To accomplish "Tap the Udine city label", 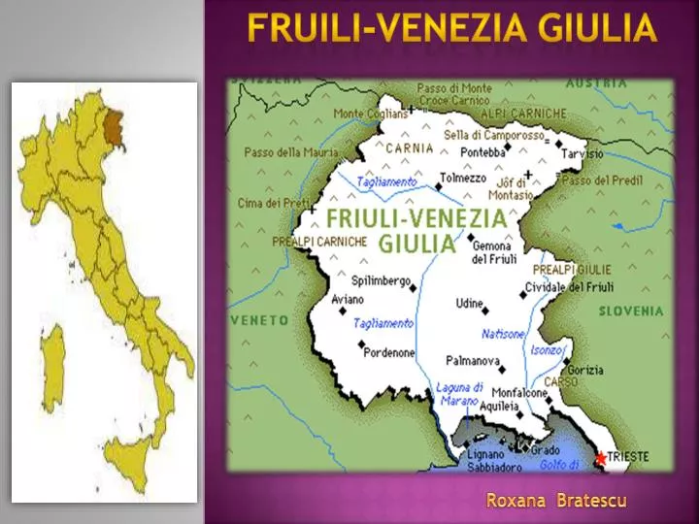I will (x=469, y=305).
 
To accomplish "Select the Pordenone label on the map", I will (x=388, y=353).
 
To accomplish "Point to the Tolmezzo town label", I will (x=463, y=178).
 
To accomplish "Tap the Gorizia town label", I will (x=585, y=370).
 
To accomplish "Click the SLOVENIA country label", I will (x=631, y=311).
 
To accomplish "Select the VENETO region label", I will (x=259, y=319).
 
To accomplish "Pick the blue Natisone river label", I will (x=503, y=333).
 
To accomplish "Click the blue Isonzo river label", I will (x=547, y=349).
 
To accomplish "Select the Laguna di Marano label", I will (x=458, y=393).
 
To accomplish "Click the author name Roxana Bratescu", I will (x=556, y=501).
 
